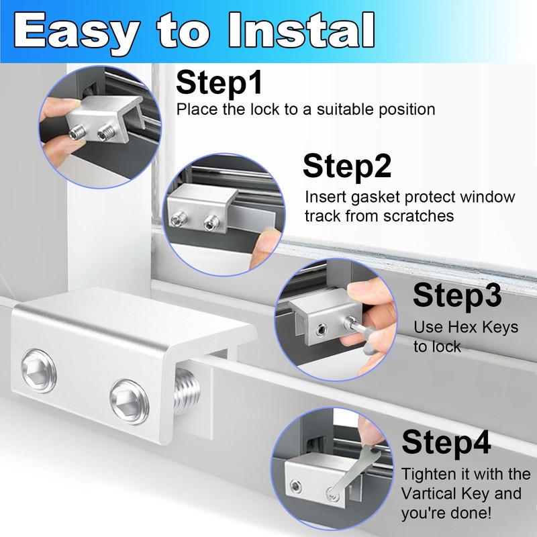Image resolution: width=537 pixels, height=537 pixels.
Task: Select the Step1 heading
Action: click(219, 83)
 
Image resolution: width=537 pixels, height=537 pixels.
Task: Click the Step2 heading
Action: click(347, 166)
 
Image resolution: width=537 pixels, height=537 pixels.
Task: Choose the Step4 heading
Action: click(446, 444)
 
